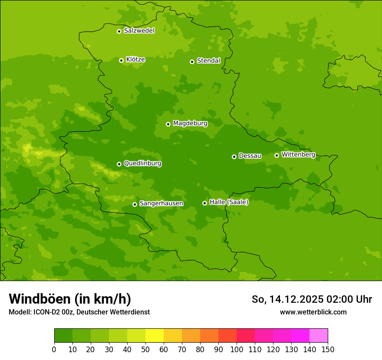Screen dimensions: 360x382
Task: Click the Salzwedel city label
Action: [x=139, y=31]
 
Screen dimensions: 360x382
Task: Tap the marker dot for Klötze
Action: [x=121, y=60]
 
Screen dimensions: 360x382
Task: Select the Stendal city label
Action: [x=208, y=61]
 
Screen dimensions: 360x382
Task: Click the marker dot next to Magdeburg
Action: [x=168, y=124]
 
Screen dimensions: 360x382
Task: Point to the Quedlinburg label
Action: [x=142, y=164]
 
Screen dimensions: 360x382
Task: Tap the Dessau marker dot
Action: [x=234, y=157]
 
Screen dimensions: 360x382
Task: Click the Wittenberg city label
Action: [x=298, y=154]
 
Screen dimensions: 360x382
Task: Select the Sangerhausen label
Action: [x=161, y=203]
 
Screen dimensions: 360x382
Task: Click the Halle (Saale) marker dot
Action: [x=204, y=203]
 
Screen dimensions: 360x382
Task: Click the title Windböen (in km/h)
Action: [x=70, y=299]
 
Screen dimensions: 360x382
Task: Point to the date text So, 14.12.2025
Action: [x=287, y=299]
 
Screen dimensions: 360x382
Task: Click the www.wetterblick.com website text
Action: [x=313, y=312]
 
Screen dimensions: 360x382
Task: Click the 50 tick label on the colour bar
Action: [x=145, y=349]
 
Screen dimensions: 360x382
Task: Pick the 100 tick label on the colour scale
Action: [x=237, y=349]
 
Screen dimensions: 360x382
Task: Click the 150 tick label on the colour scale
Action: [x=328, y=349]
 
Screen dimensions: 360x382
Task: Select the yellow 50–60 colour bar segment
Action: [x=155, y=336]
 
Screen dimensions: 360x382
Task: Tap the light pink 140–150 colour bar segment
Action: [x=319, y=336]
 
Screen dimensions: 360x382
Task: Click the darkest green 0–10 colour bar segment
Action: [x=63, y=336]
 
